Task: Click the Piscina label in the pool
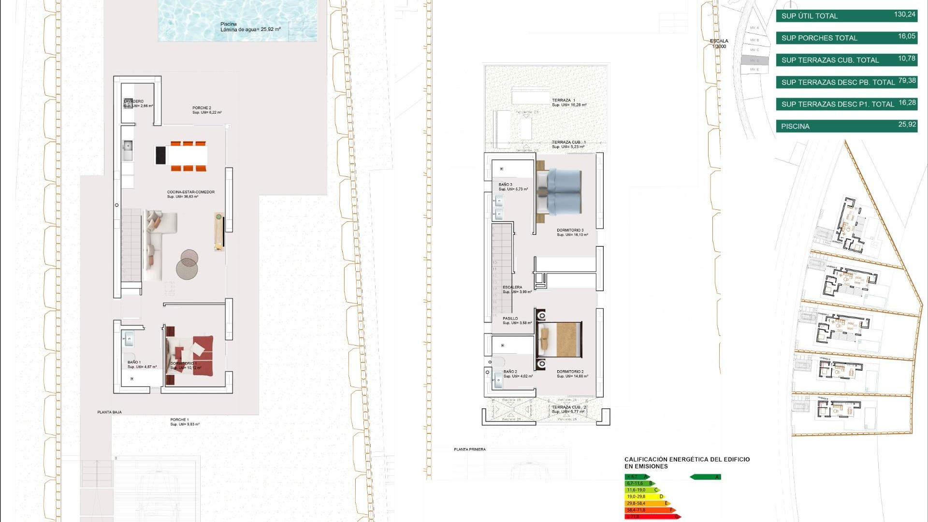(x=229, y=24)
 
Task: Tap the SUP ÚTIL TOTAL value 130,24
(x=904, y=14)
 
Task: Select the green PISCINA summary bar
(x=846, y=126)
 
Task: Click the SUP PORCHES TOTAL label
(x=819, y=38)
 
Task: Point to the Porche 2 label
(x=202, y=108)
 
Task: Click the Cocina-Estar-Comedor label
(x=190, y=192)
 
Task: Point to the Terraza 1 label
(x=564, y=101)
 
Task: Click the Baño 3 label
(x=506, y=185)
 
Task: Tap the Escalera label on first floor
(x=512, y=288)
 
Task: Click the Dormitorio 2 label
(x=570, y=372)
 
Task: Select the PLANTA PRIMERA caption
(x=470, y=449)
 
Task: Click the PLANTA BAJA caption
(x=110, y=412)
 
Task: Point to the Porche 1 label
(x=179, y=420)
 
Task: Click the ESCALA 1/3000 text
(x=719, y=43)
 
